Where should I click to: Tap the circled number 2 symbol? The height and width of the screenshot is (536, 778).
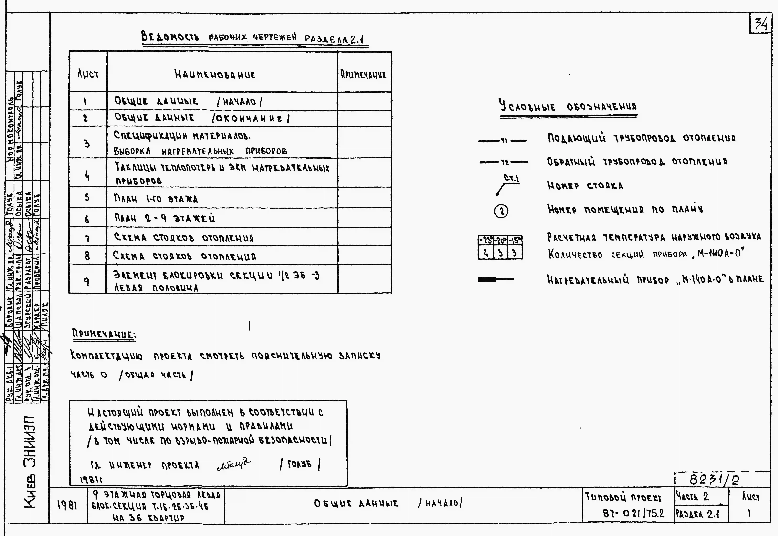tap(501, 211)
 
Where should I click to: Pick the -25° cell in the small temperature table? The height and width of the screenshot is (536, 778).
tap(485, 240)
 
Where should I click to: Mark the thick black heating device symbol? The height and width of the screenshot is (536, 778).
tap(488, 279)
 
